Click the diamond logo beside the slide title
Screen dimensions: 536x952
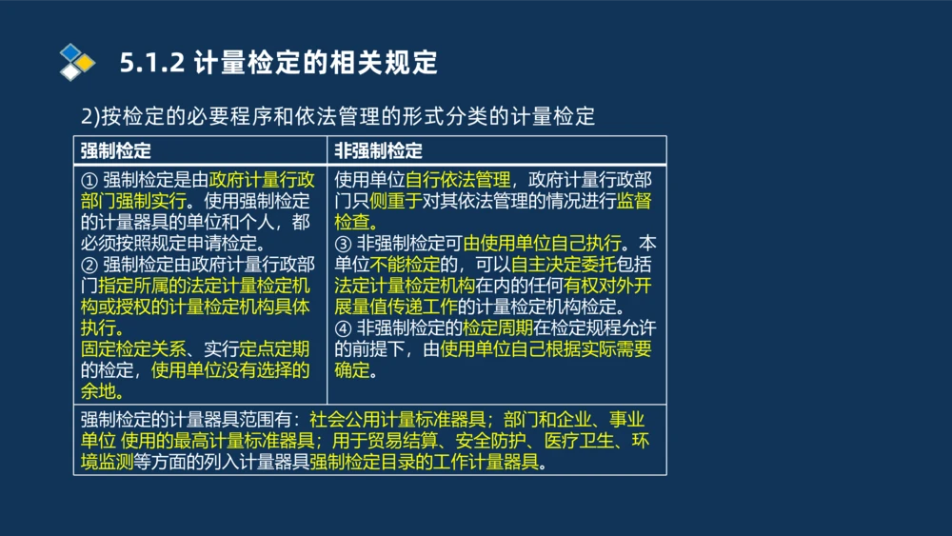[x=77, y=62]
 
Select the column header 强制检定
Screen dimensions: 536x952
[x=115, y=150]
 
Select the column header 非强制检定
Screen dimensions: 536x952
[x=378, y=150]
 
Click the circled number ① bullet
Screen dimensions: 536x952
[x=89, y=180]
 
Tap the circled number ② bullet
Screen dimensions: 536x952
[x=89, y=264]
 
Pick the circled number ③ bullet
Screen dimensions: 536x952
[x=344, y=243]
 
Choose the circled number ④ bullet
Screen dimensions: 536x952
[x=344, y=328]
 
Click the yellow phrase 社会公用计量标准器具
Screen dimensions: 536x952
[x=399, y=420]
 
